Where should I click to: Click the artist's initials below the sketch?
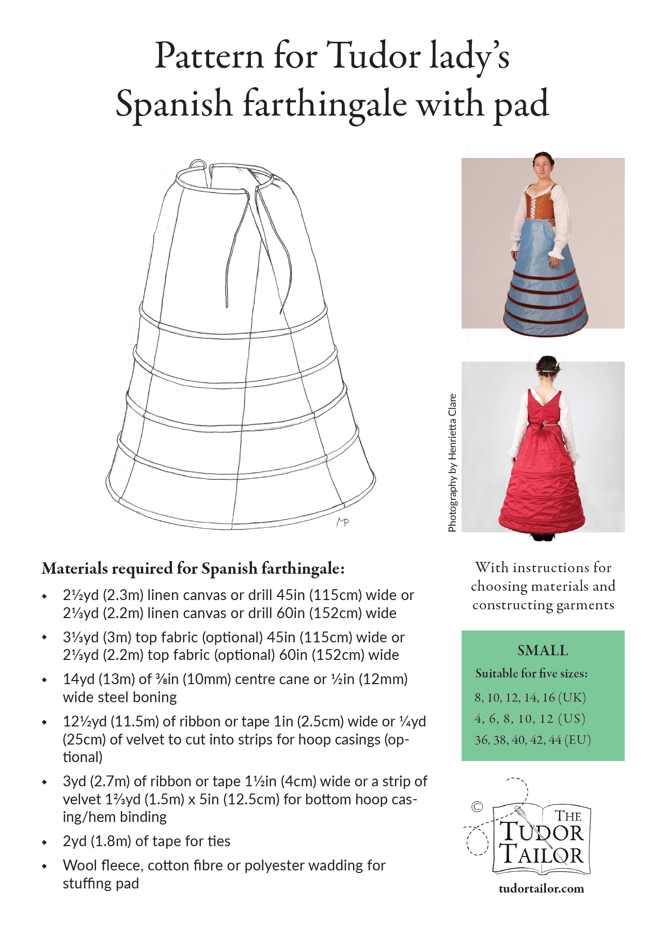pyautogui.click(x=343, y=522)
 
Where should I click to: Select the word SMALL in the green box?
pyautogui.click(x=543, y=651)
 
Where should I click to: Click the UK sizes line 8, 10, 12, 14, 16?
pyautogui.click(x=530, y=698)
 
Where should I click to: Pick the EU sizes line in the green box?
pyautogui.click(x=532, y=740)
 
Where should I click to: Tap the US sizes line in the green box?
pyautogui.click(x=530, y=719)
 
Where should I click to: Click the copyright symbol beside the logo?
pyautogui.click(x=477, y=806)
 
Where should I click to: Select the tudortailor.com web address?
pyautogui.click(x=541, y=888)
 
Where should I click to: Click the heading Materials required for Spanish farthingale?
pyautogui.click(x=193, y=569)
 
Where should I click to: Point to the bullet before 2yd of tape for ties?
pyautogui.click(x=44, y=842)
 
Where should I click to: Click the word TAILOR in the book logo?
pyautogui.click(x=542, y=854)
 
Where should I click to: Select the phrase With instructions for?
pyautogui.click(x=543, y=568)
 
